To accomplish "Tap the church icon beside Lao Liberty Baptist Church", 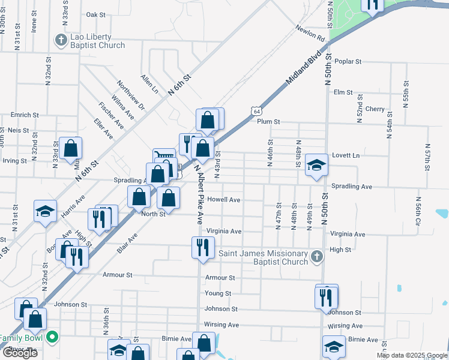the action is [x=60, y=41].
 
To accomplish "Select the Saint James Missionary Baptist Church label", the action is [x=263, y=257].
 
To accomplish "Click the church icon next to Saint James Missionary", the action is [x=317, y=257].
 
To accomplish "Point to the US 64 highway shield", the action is [x=257, y=112].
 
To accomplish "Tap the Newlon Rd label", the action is [x=310, y=34].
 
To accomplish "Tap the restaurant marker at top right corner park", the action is [x=372, y=5].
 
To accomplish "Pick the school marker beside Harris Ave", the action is [x=45, y=211].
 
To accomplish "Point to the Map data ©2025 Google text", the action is [x=411, y=355].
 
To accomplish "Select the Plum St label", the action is [x=268, y=121].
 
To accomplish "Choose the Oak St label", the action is [x=95, y=14].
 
